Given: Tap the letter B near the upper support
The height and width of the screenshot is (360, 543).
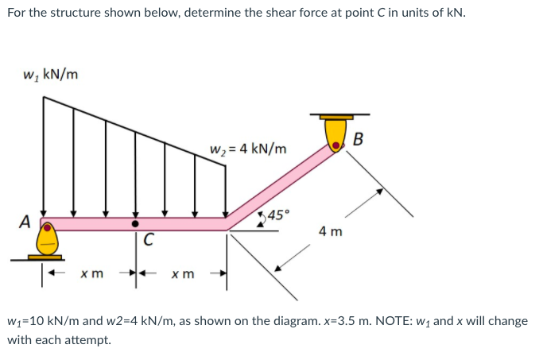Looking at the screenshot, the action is click(x=358, y=141).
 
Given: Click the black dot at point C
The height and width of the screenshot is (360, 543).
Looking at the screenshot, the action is click(x=135, y=224).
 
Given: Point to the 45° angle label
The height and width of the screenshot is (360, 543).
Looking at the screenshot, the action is click(x=279, y=214).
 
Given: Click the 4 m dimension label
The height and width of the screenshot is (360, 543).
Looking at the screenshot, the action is click(x=330, y=232).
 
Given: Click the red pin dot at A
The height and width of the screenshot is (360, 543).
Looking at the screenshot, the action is click(x=48, y=226).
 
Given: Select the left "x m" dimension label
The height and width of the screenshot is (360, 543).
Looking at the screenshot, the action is click(x=91, y=274).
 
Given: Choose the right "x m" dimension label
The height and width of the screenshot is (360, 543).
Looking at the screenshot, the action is click(x=182, y=274).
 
